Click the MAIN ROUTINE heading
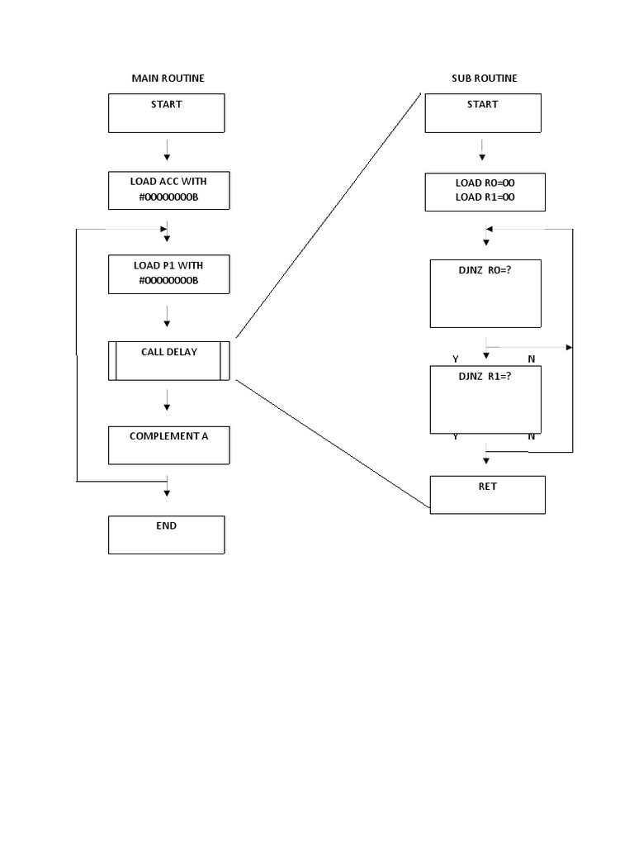(x=168, y=78)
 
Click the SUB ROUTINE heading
(x=484, y=78)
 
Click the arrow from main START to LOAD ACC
(x=167, y=150)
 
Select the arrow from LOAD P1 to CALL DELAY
(x=167, y=316)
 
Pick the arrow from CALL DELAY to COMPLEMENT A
(x=167, y=400)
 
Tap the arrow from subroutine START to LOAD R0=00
(x=482, y=150)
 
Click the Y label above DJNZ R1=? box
(x=456, y=359)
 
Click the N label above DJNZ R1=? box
(x=532, y=359)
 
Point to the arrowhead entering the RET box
(x=486, y=461)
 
